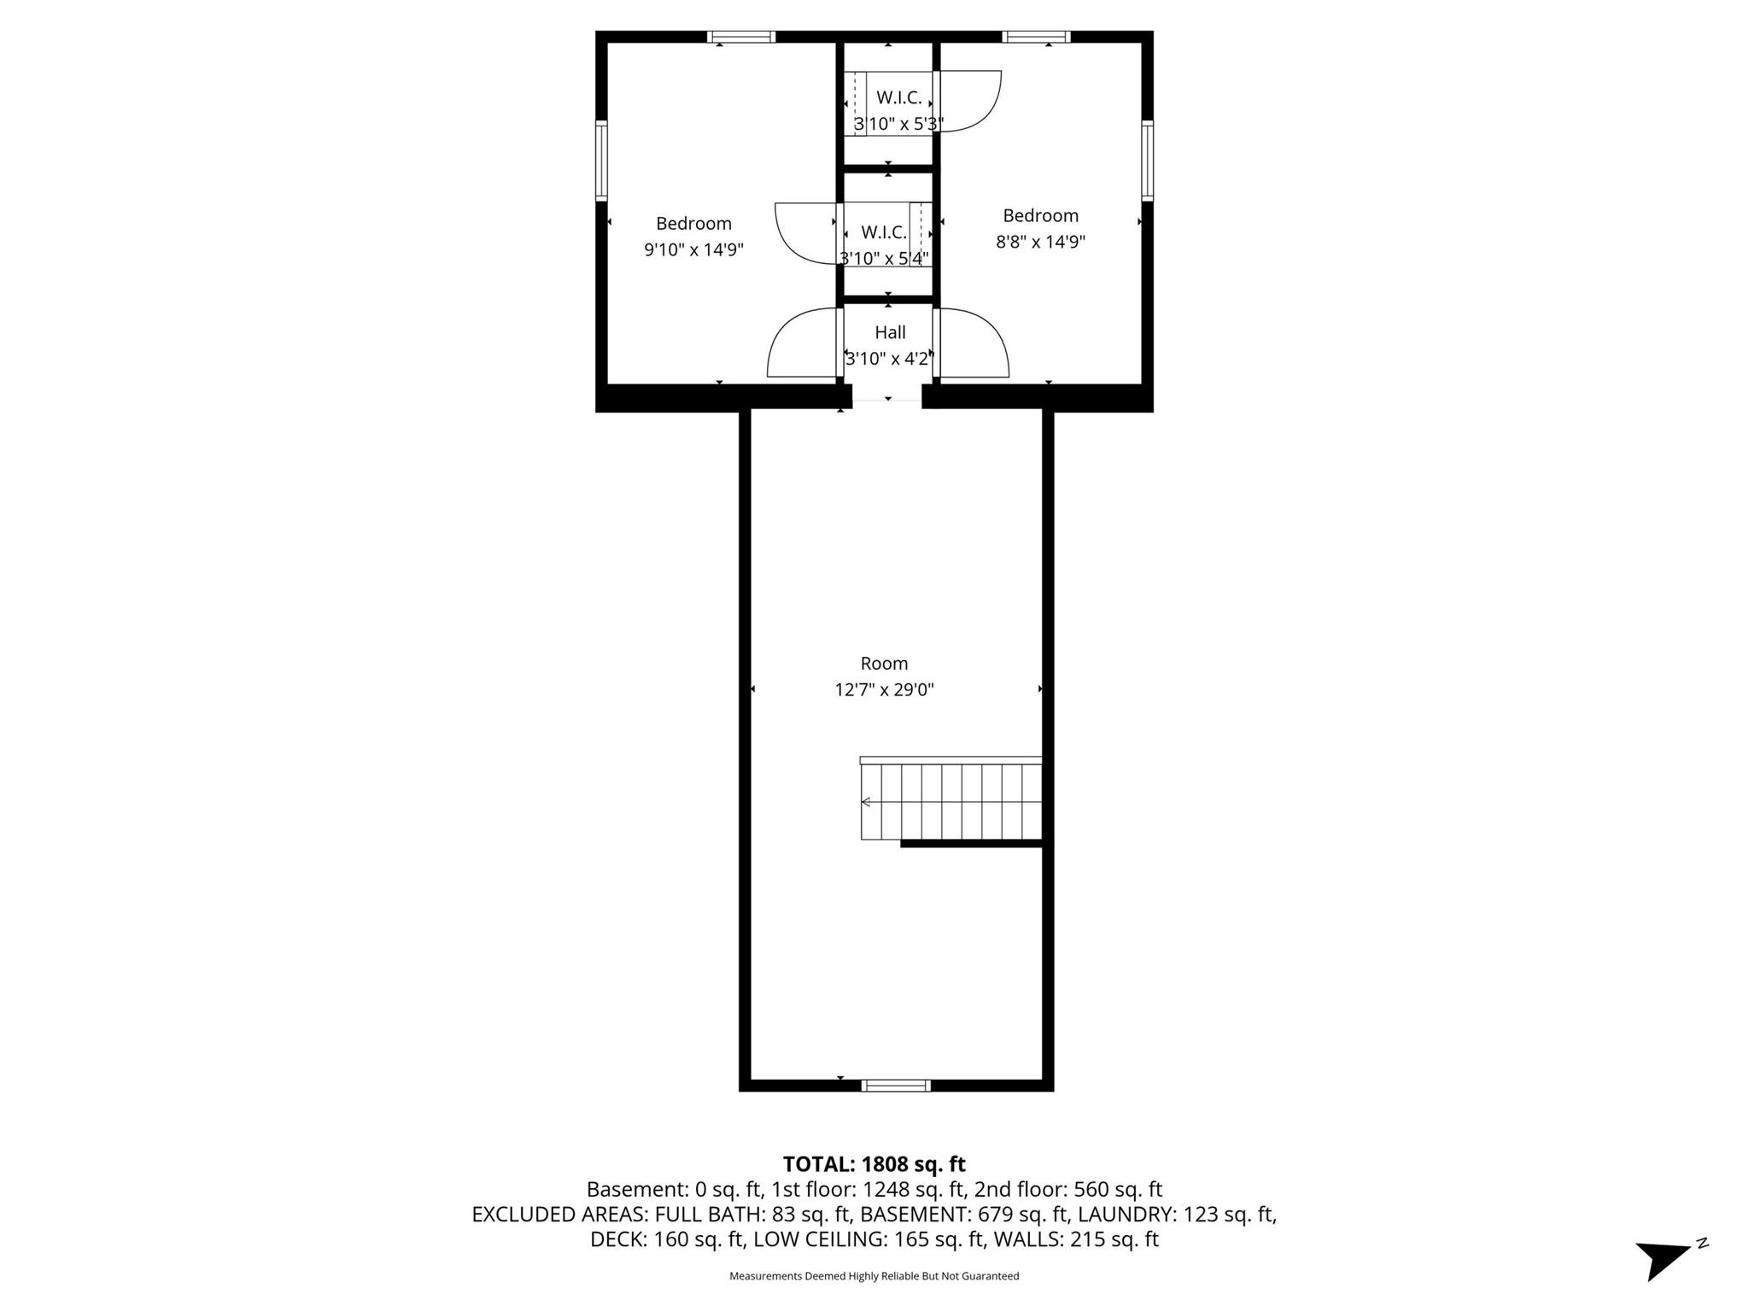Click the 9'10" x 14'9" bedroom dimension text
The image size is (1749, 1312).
click(x=693, y=250)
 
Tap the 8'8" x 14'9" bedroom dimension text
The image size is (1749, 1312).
click(x=1040, y=242)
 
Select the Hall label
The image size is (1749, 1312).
click(x=890, y=332)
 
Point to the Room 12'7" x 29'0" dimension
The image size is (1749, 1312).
click(x=884, y=690)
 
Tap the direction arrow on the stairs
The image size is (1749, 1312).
click(x=866, y=802)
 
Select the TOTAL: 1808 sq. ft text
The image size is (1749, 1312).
click(x=874, y=1164)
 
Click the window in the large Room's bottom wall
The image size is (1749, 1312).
click(x=895, y=1086)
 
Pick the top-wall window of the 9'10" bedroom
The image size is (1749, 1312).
click(x=741, y=37)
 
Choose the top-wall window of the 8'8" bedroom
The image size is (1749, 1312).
click(x=1036, y=37)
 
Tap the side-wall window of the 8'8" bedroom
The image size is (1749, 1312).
click(x=1148, y=161)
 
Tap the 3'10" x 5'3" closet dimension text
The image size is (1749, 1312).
click(x=898, y=124)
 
